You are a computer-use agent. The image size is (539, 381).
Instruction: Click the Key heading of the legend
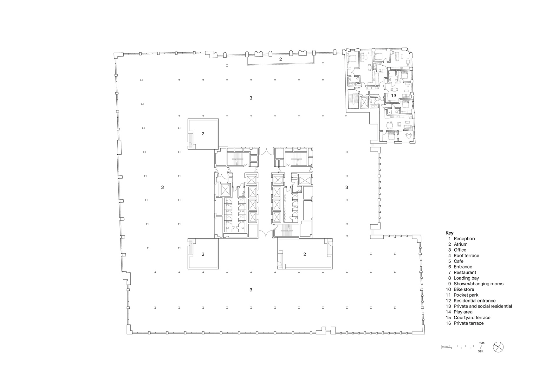point(449,233)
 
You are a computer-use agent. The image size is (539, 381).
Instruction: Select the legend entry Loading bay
point(466,278)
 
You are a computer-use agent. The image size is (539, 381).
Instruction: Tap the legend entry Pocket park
point(466,295)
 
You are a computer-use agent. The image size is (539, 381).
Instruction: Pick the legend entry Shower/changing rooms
point(478,284)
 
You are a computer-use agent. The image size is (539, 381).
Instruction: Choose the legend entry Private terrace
point(468,323)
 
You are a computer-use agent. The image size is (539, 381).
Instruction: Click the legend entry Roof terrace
point(466,255)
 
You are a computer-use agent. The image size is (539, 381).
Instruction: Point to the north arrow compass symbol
point(498,347)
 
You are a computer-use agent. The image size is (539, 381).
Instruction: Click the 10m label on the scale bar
point(482,343)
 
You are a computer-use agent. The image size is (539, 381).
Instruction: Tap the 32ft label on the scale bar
point(481,352)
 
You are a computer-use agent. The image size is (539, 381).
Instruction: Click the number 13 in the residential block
point(393,95)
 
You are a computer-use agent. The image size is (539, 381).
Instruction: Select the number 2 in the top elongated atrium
point(280,59)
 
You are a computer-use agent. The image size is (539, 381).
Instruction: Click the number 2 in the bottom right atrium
point(305,254)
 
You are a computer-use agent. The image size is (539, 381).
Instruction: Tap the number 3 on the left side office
point(162,187)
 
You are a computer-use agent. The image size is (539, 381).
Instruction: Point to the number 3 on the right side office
point(347,187)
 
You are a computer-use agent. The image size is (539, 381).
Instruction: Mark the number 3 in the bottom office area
point(251,290)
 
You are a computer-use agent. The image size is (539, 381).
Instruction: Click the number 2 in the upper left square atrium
point(203,134)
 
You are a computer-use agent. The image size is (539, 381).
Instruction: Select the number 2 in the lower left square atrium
point(203,254)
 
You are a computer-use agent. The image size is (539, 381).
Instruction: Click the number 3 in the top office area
point(251,98)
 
